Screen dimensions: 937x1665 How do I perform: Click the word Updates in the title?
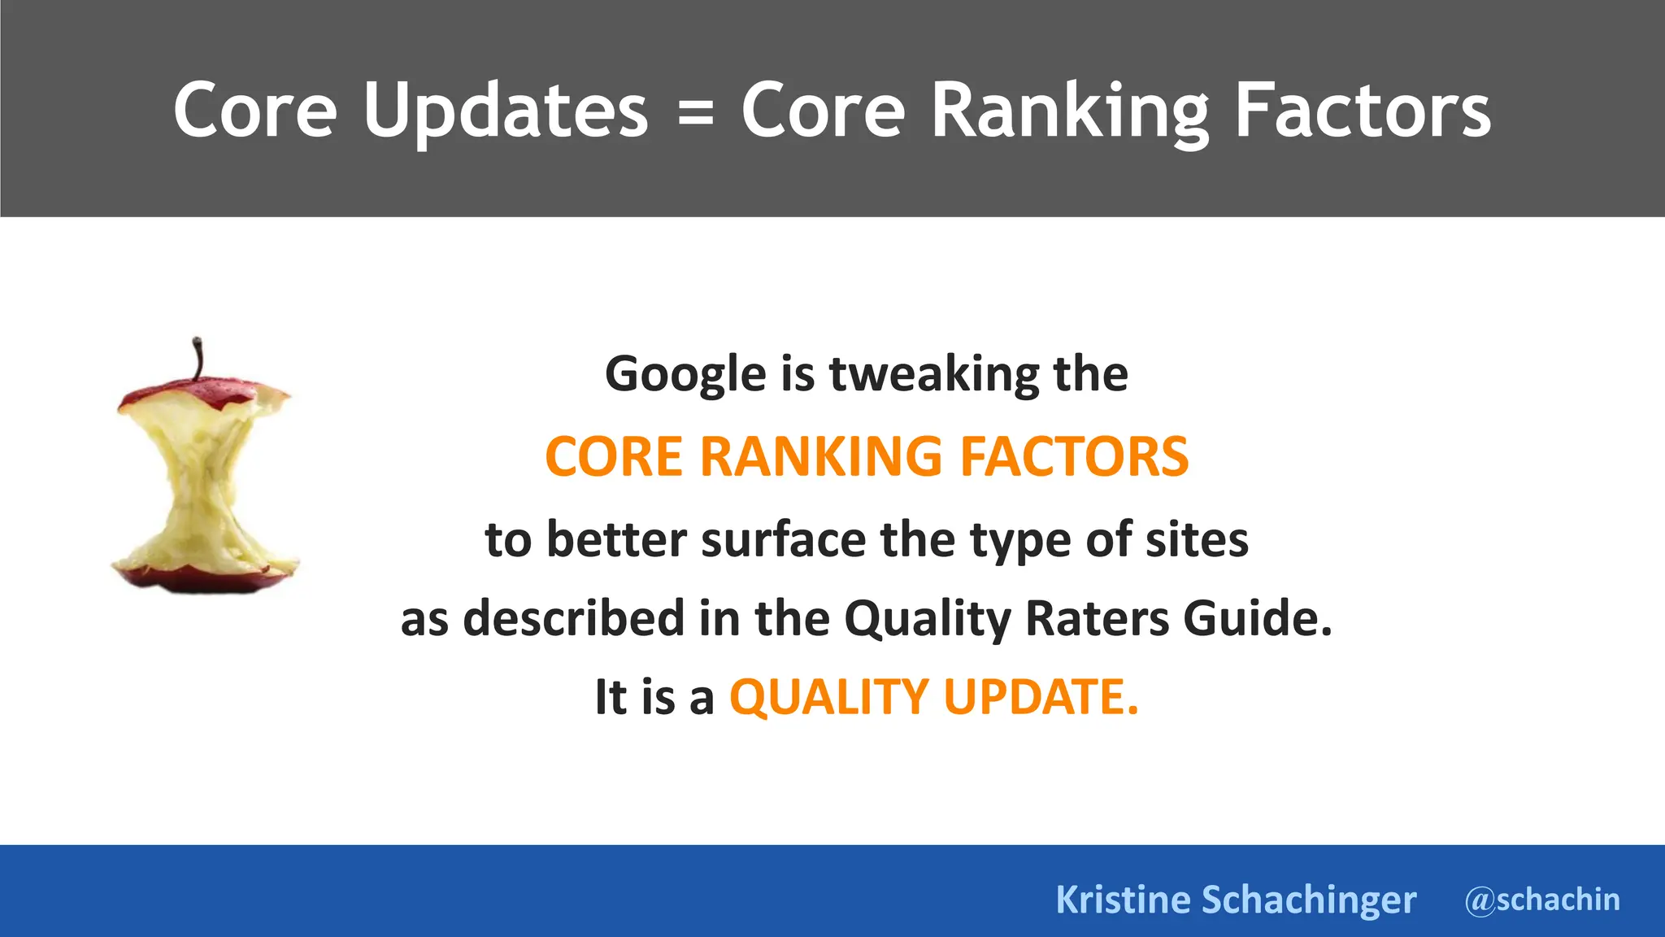tap(505, 111)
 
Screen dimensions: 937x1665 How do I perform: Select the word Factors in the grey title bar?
tap(1363, 111)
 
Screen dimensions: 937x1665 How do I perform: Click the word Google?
tap(685, 375)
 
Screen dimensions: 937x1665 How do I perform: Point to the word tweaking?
tap(933, 375)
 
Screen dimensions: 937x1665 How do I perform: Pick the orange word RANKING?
tap(821, 456)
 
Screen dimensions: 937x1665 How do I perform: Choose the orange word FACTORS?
tap(1074, 456)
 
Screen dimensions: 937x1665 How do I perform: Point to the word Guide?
tap(1257, 618)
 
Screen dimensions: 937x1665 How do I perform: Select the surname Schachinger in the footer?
tap(1309, 900)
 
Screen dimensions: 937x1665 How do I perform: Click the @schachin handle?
tap(1542, 900)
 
